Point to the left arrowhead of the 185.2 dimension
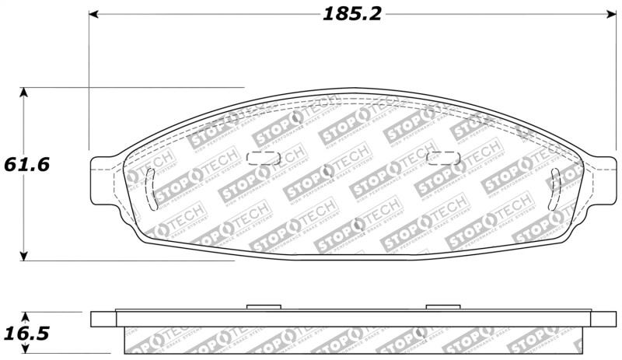pyautogui.click(x=94, y=15)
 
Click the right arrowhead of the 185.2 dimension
pyautogui.click(x=610, y=15)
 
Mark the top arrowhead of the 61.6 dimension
pyautogui.click(x=25, y=93)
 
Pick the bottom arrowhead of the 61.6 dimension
pyautogui.click(x=25, y=256)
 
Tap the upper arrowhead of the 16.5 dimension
pyautogui.click(x=25, y=318)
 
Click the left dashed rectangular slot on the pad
pyautogui.click(x=262, y=159)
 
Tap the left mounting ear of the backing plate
pyautogui.click(x=106, y=175)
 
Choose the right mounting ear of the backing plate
pyautogui.click(x=599, y=175)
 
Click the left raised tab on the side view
pyautogui.click(x=262, y=307)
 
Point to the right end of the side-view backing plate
pyautogui.click(x=603, y=319)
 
